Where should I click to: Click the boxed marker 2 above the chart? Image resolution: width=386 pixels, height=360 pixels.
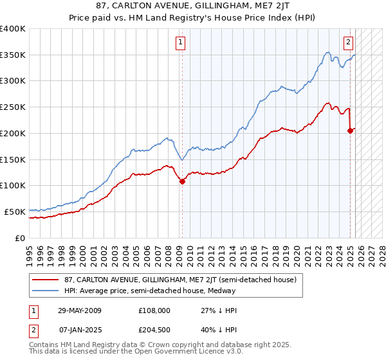tap(348, 43)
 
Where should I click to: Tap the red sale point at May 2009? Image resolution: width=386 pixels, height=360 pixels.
tap(182, 181)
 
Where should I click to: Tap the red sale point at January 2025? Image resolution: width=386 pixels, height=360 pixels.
tap(350, 130)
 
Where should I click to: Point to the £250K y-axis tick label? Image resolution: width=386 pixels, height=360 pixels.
tap(13, 107)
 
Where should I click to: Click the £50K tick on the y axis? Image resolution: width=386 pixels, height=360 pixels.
tap(15, 212)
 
